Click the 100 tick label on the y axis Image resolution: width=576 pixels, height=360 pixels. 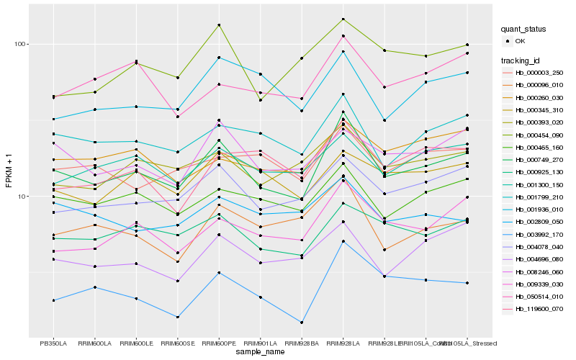[19, 44]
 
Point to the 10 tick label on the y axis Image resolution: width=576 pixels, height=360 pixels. [22, 196]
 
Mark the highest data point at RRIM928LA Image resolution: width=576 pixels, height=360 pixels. [343, 19]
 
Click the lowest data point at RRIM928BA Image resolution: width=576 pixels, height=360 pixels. [302, 323]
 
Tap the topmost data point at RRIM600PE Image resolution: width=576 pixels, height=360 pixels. [219, 25]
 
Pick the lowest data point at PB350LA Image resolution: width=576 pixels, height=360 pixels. [53, 300]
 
